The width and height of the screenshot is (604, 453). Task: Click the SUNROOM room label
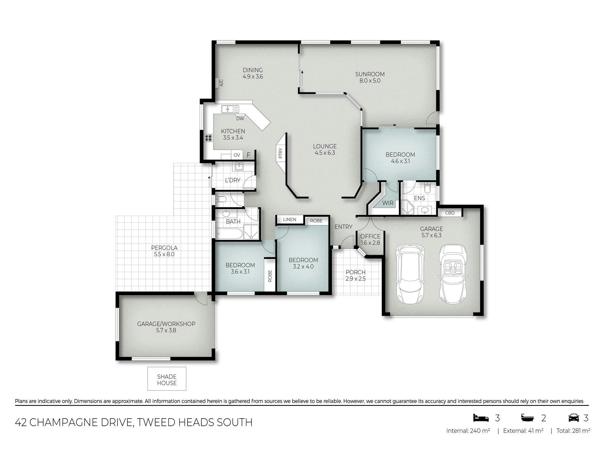pos(370,74)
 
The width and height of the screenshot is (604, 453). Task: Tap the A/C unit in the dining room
pos(219,82)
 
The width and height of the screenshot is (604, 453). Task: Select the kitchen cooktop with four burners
pos(208,138)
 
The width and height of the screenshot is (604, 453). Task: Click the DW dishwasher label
pos(240,119)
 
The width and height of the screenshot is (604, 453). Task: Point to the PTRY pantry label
pos(281,153)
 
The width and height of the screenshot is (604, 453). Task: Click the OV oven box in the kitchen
pos(237,155)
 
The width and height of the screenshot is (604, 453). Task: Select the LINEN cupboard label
pos(290,220)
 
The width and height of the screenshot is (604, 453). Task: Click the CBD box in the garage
pos(450,213)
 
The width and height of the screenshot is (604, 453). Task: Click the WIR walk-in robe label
pos(388,203)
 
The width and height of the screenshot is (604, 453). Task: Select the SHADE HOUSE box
pos(167,379)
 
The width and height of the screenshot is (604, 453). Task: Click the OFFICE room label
pos(370,236)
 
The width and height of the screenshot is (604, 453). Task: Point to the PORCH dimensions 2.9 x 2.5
pos(356,279)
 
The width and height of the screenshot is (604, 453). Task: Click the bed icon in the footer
pos(481,418)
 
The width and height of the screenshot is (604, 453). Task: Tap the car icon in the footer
pos(574,418)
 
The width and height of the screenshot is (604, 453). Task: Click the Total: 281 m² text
pos(573,431)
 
